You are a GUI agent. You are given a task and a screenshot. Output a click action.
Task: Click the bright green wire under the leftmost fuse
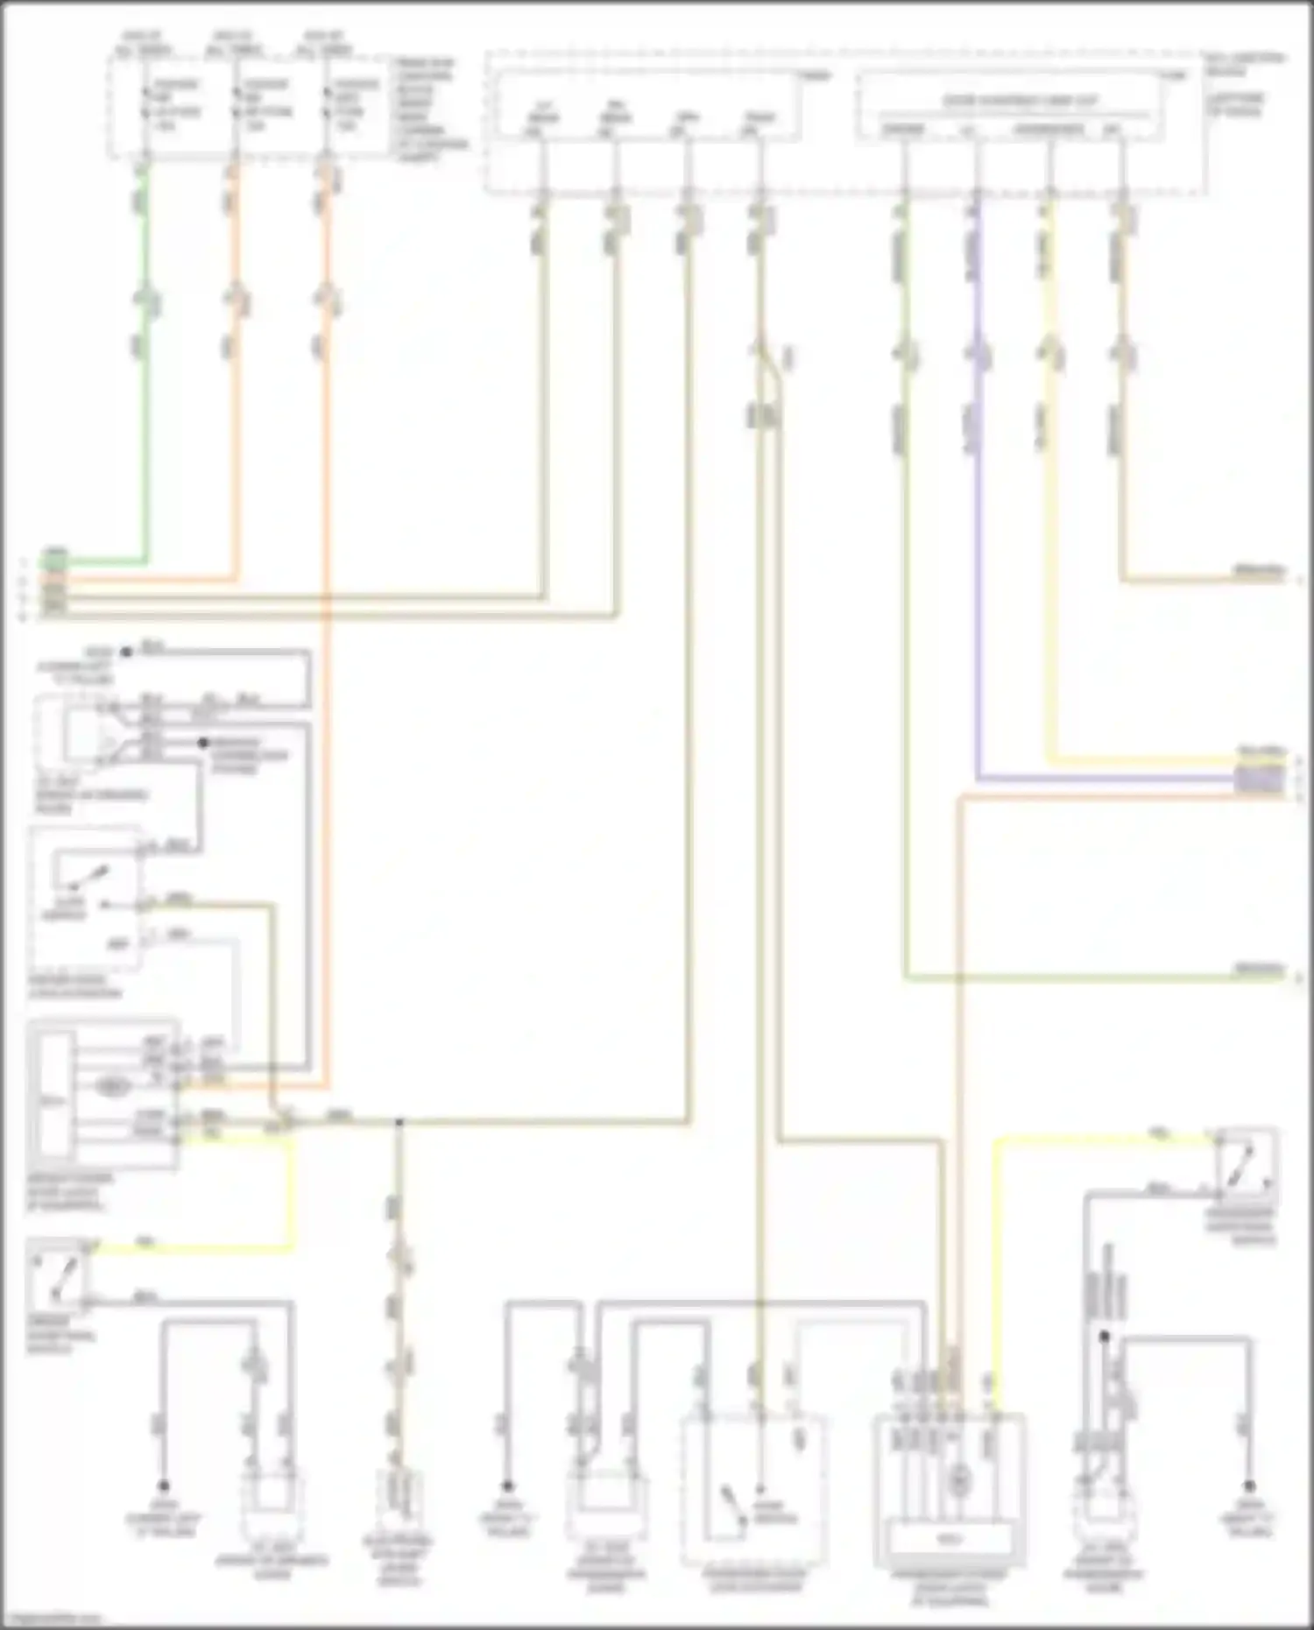[145, 394]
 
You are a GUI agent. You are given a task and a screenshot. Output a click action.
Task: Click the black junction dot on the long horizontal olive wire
[398, 1121]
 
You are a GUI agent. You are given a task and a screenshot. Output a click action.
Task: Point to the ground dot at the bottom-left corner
[163, 1486]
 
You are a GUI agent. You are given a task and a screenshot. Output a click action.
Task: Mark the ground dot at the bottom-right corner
[1249, 1486]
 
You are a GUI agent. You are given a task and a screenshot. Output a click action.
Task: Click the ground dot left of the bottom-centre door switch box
[506, 1486]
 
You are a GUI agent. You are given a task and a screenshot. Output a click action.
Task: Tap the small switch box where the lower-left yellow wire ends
[57, 1274]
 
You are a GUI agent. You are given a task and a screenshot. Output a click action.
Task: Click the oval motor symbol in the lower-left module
[111, 1087]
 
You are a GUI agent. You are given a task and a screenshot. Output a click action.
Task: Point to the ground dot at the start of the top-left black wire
[126, 652]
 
